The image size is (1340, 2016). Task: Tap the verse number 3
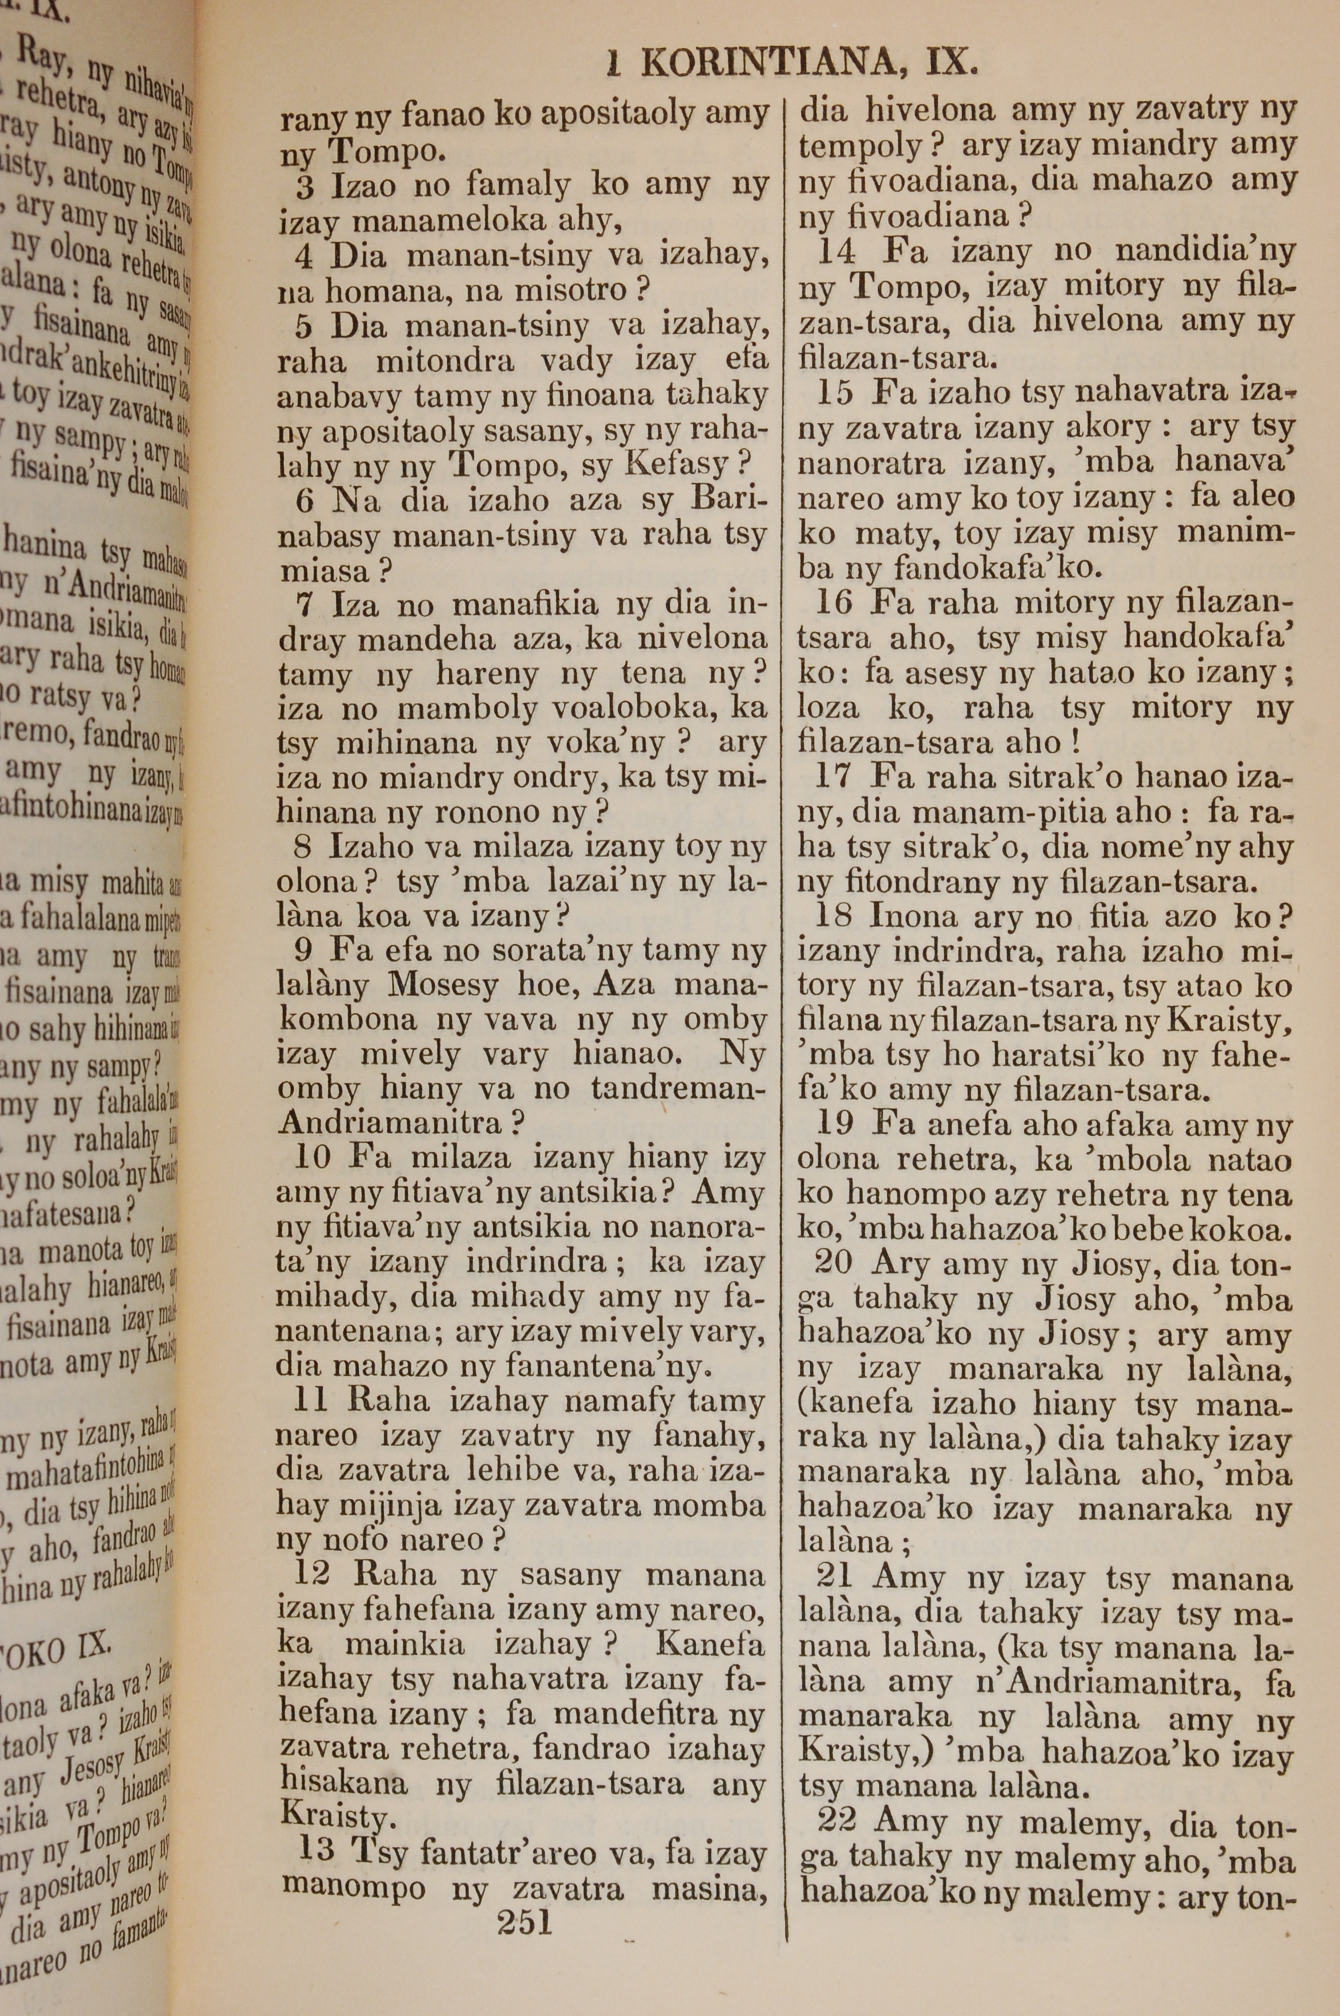tap(304, 184)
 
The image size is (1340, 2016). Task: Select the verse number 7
tap(305, 606)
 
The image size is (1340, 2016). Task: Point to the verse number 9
tap(305, 950)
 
